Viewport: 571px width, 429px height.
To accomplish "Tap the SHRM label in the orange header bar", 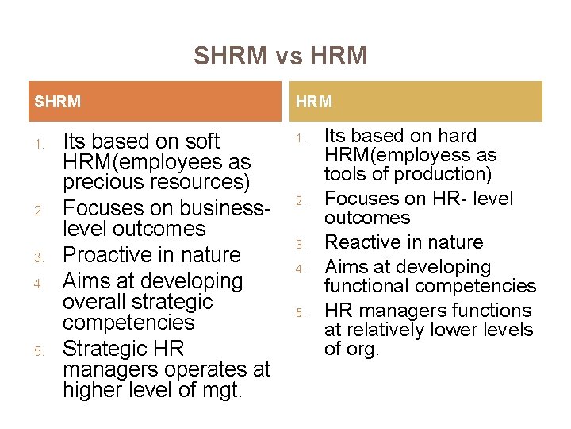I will pyautogui.click(x=57, y=102).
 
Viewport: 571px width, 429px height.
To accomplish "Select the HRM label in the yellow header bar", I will pyautogui.click(x=314, y=102).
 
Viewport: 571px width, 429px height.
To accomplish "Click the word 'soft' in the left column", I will pyautogui.click(x=201, y=141).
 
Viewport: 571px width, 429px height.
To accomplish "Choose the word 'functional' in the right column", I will pyautogui.click(x=374, y=286).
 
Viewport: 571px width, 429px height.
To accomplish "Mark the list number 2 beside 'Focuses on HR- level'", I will pyautogui.click(x=300, y=199).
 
